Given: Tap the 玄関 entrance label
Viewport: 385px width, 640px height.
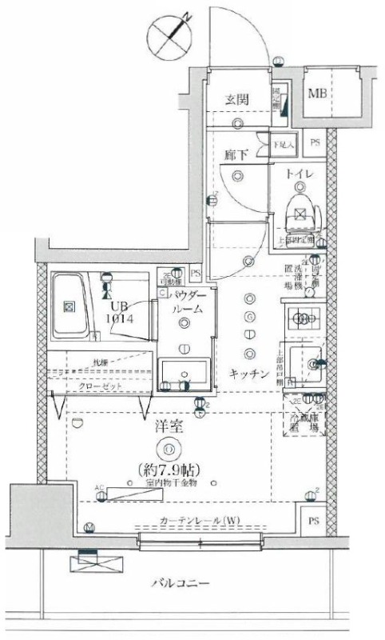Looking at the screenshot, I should pyautogui.click(x=237, y=99).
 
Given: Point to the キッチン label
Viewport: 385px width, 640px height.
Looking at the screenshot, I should pyautogui.click(x=248, y=373).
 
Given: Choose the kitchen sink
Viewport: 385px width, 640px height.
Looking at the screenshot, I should pyautogui.click(x=306, y=365).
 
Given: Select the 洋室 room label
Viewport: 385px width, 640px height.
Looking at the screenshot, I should pyautogui.click(x=168, y=428).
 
